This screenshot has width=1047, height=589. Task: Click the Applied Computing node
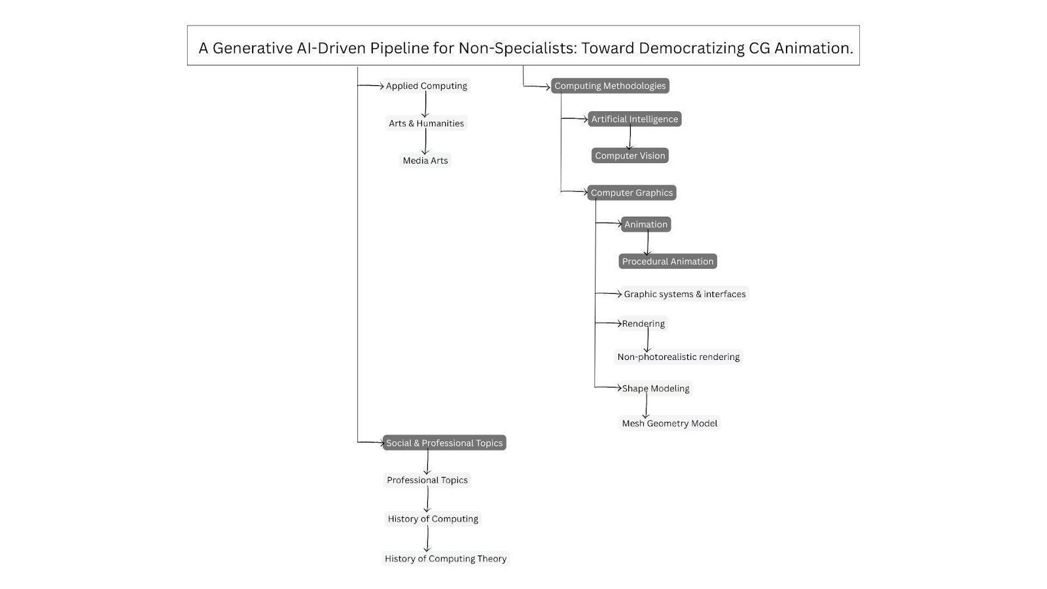(x=426, y=86)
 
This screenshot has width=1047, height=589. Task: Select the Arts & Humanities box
(x=426, y=123)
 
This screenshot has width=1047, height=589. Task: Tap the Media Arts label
(x=425, y=160)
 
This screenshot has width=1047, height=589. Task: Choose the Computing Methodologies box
(x=610, y=86)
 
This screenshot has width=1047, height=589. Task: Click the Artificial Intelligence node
(x=634, y=119)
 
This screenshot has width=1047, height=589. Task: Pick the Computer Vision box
(x=630, y=156)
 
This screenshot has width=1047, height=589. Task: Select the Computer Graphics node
(x=631, y=192)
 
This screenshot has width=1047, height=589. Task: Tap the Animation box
(x=646, y=224)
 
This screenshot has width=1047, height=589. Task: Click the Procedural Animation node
(x=667, y=261)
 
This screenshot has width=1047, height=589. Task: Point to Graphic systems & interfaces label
(x=684, y=294)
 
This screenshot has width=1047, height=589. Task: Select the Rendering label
(x=643, y=323)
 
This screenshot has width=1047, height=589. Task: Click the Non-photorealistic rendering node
(x=678, y=357)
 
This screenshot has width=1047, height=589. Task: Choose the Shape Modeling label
(x=656, y=388)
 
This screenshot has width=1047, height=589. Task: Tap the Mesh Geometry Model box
(x=669, y=423)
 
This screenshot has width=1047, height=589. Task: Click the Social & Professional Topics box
(x=444, y=443)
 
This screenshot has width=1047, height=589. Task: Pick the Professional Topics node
(x=427, y=480)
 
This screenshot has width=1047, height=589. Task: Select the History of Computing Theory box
(x=446, y=558)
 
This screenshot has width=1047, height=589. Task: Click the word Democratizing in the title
(x=692, y=48)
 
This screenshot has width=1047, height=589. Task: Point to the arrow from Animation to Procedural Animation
(x=647, y=243)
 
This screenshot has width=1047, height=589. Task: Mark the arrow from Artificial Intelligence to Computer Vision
(x=630, y=137)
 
